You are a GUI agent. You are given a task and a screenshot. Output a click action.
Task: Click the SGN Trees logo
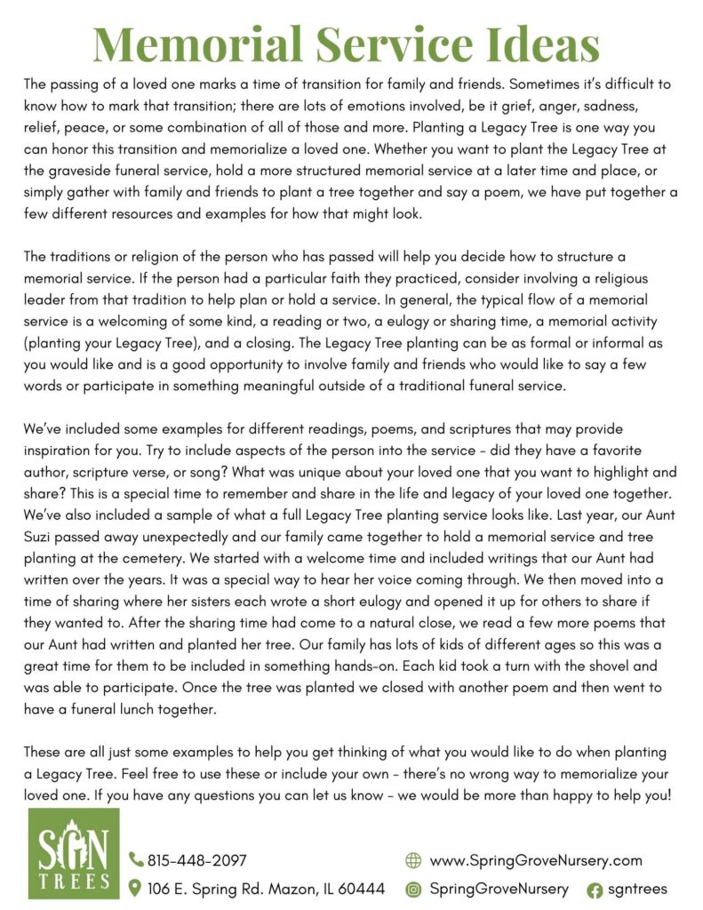tap(74, 853)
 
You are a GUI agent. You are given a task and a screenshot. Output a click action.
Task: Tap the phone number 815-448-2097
tap(197, 859)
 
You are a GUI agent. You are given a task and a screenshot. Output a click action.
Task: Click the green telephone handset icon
tap(136, 859)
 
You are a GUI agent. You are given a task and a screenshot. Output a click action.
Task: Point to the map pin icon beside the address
tap(136, 888)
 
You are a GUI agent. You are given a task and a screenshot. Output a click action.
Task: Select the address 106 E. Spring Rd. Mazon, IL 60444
tap(266, 888)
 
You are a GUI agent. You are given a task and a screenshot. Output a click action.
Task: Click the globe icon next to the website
tap(412, 859)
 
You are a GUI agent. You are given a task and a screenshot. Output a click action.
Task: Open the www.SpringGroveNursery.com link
tap(535, 859)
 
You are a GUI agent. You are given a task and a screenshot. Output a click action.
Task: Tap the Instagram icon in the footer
tap(412, 888)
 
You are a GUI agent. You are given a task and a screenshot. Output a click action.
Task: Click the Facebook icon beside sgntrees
tap(595, 889)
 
